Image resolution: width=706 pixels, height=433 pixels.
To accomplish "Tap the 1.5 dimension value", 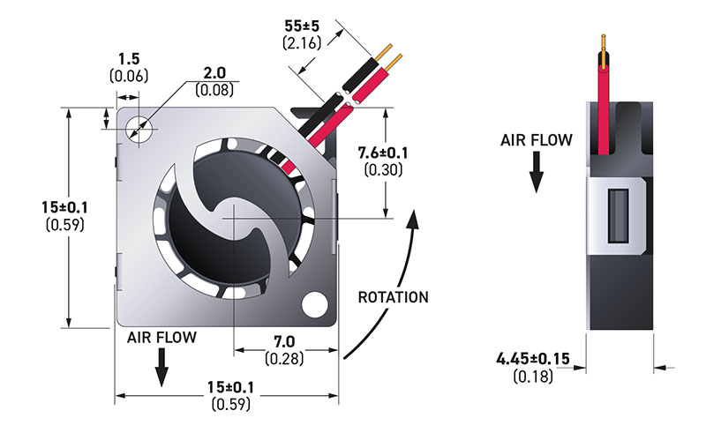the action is (x=129, y=58).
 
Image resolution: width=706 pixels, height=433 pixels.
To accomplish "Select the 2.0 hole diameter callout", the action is (x=214, y=72).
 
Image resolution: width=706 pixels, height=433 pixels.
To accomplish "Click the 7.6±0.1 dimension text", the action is (x=383, y=153).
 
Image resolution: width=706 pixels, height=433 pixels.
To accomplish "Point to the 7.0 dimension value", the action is (x=284, y=341).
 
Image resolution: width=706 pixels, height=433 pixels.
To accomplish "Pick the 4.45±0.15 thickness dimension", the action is (x=533, y=359).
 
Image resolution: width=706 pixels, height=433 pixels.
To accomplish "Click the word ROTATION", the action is (x=393, y=297).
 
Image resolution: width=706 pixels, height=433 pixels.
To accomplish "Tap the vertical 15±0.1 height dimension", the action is (x=64, y=207).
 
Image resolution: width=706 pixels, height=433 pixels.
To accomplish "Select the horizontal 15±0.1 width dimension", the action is (x=230, y=387).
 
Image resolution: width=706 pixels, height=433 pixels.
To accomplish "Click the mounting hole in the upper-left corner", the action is (x=138, y=129).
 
